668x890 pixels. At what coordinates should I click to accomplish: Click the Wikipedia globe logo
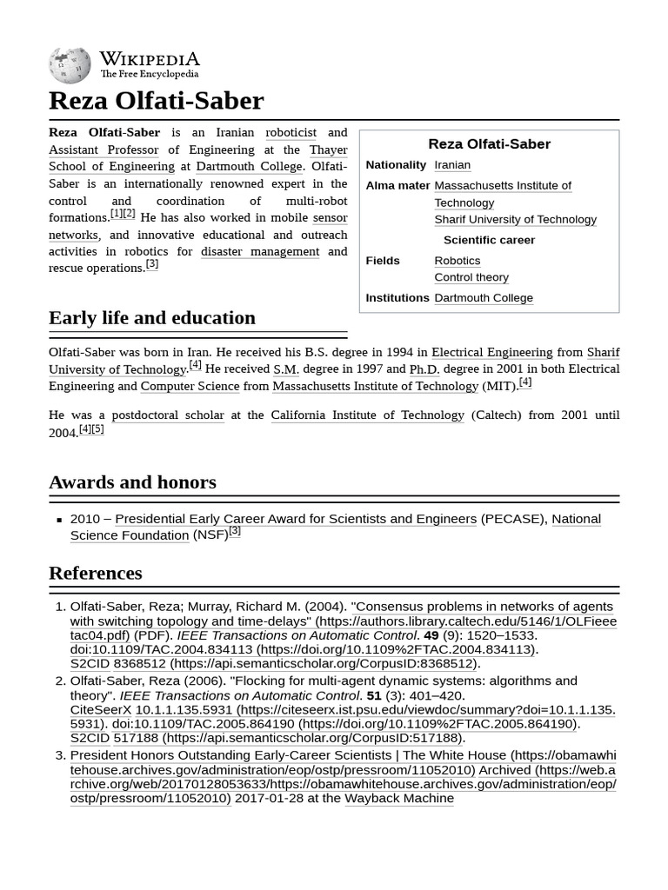pyautogui.click(x=70, y=65)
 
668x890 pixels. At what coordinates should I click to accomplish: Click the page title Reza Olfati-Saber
pyautogui.click(x=156, y=101)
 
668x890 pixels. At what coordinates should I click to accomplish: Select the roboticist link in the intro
pyautogui.click(x=291, y=133)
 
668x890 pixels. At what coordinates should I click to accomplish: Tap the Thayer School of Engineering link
pyautogui.click(x=111, y=166)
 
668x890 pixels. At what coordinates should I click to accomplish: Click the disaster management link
pyautogui.click(x=260, y=251)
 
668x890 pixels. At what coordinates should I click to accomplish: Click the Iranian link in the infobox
pyautogui.click(x=452, y=165)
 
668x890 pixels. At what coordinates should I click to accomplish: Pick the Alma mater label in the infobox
pyautogui.click(x=397, y=185)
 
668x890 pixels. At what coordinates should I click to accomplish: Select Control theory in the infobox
pyautogui.click(x=471, y=277)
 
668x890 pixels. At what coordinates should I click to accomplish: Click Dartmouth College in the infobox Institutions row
pyautogui.click(x=484, y=298)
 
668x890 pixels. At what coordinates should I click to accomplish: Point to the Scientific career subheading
pyautogui.click(x=489, y=240)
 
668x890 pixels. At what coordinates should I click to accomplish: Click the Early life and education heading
pyautogui.click(x=152, y=318)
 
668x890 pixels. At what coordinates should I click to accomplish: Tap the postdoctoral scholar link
pyautogui.click(x=168, y=415)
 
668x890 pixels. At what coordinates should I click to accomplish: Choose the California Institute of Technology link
pyautogui.click(x=367, y=415)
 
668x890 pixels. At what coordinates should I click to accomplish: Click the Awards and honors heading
pyautogui.click(x=132, y=482)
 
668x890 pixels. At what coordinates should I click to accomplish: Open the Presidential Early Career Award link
pyautogui.click(x=296, y=519)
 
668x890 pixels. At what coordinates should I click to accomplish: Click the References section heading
pyautogui.click(x=96, y=574)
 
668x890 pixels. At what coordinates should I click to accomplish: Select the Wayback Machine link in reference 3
pyautogui.click(x=399, y=798)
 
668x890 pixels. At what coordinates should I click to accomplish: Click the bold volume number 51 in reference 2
pyautogui.click(x=374, y=695)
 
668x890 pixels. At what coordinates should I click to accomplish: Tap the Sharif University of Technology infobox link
pyautogui.click(x=515, y=219)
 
